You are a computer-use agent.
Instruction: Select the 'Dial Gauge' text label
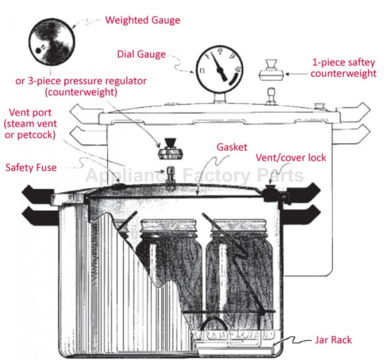(142, 54)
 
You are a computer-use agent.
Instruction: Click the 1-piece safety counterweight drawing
(271, 71)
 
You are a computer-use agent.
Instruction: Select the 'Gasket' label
(232, 147)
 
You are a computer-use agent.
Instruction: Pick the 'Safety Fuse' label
(31, 168)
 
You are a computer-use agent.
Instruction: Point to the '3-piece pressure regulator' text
(81, 81)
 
